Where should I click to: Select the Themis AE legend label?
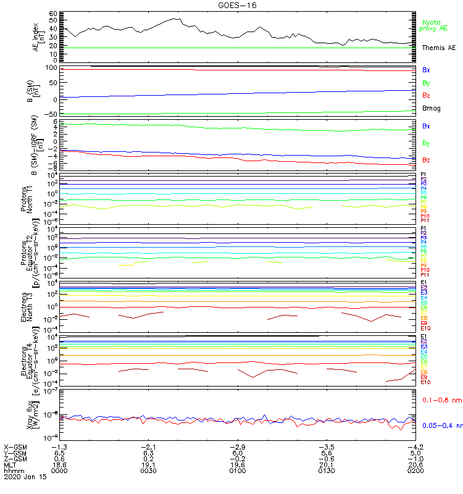click(438, 48)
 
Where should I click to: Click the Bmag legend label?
click(432, 108)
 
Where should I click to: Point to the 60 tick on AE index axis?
click(53, 13)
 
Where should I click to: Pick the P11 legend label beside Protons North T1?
click(425, 220)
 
